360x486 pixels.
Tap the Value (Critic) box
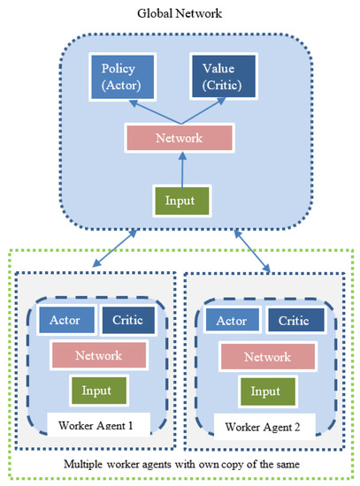218,77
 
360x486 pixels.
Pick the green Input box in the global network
180,200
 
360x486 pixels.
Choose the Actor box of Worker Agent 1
67,320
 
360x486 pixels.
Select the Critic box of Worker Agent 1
127,320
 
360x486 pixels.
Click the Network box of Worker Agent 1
97,355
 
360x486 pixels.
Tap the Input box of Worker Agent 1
98,389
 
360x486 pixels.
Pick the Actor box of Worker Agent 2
231,320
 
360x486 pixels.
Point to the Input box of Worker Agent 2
262,390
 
